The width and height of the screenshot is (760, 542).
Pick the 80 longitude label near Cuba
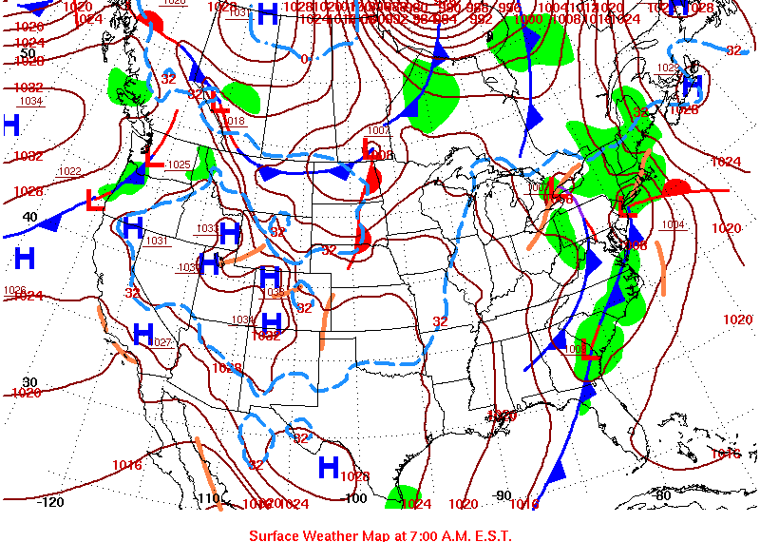662,494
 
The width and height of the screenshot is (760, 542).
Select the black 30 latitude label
29,381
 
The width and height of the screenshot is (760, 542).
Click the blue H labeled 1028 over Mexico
329,467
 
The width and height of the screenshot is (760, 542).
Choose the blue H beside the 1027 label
143,334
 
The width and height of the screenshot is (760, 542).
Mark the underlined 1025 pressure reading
179,165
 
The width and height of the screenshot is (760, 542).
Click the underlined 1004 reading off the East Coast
673,224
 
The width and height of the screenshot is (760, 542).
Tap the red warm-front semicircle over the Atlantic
679,186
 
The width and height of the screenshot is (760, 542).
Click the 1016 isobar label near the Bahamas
726,454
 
